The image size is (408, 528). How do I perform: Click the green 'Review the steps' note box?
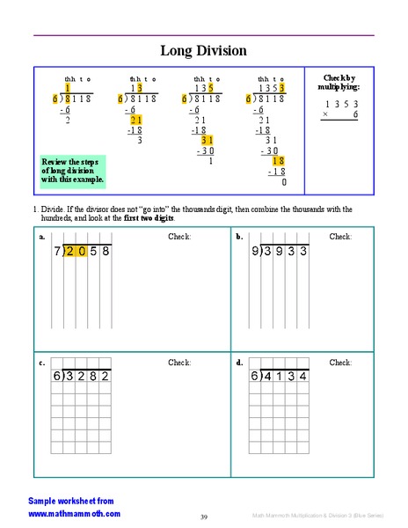[73, 170]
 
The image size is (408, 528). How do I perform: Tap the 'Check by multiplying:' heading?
[339, 82]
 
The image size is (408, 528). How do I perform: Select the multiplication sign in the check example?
[325, 114]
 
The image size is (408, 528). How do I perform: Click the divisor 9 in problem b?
[255, 251]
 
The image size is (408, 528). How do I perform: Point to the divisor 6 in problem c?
[56, 377]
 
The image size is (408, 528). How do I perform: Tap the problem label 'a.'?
[41, 237]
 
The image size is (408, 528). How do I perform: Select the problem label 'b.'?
[239, 237]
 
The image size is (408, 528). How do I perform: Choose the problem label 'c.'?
[41, 362]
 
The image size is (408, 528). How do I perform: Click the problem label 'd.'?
[239, 362]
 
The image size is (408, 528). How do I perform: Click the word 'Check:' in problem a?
[179, 237]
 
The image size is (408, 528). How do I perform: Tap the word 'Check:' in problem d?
[340, 362]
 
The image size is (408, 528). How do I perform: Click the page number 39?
[203, 517]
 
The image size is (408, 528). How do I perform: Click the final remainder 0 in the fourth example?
[284, 182]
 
